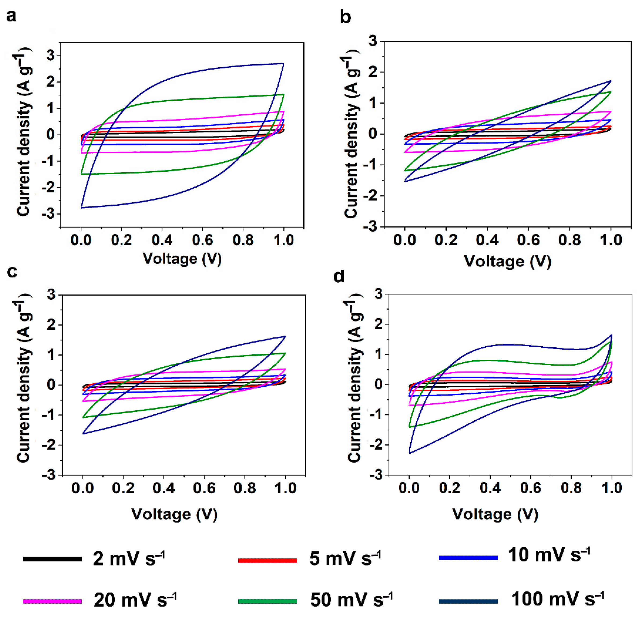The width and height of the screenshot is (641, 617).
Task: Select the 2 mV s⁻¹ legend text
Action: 129,559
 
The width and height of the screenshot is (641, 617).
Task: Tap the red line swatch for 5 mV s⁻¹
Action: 267,560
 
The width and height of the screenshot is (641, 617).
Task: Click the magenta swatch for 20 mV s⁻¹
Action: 52,601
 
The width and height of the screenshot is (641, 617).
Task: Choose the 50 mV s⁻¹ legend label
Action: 351,599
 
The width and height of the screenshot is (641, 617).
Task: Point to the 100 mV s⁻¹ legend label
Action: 558,599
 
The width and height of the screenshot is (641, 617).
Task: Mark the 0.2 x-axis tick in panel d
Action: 449,488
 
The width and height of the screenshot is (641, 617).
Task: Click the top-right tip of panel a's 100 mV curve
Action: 283,64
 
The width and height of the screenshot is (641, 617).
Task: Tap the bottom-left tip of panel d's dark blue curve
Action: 409,453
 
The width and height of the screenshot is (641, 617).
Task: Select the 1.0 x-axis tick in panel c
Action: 285,488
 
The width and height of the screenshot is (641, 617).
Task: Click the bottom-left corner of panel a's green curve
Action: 81,174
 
